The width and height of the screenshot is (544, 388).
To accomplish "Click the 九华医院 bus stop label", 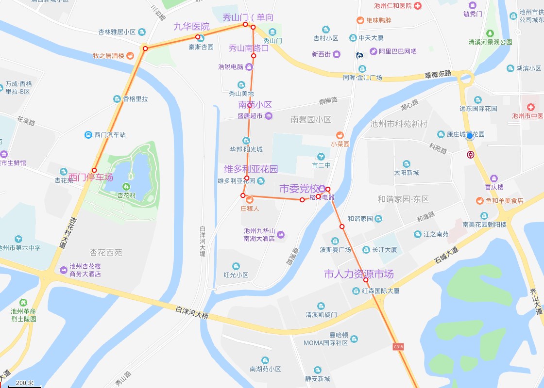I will point(192,27).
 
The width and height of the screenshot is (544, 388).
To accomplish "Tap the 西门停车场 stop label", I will point(90,178).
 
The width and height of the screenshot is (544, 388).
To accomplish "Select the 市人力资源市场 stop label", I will point(358,274).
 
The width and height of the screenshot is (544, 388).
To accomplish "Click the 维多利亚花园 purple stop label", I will point(251,169).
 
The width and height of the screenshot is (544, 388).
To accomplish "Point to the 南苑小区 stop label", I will point(255,105).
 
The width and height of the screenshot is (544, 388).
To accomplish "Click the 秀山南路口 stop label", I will point(249,48).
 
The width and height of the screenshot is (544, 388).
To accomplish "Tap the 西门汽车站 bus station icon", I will point(88,135).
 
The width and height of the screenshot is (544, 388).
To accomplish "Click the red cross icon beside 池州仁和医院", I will point(418,6).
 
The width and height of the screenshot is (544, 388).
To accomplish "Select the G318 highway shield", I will point(398,347).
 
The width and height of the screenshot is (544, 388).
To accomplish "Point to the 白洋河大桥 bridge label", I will point(192,312).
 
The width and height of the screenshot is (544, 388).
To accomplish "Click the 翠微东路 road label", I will point(438,74).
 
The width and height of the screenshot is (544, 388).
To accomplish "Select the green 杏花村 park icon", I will point(127,186).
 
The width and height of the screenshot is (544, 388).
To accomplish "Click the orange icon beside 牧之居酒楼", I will point(130,56).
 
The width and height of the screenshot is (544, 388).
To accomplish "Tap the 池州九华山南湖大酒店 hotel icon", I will point(280,235).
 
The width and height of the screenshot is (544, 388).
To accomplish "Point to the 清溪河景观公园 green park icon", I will point(490,33).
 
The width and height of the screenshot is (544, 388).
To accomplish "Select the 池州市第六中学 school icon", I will point(18,239).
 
